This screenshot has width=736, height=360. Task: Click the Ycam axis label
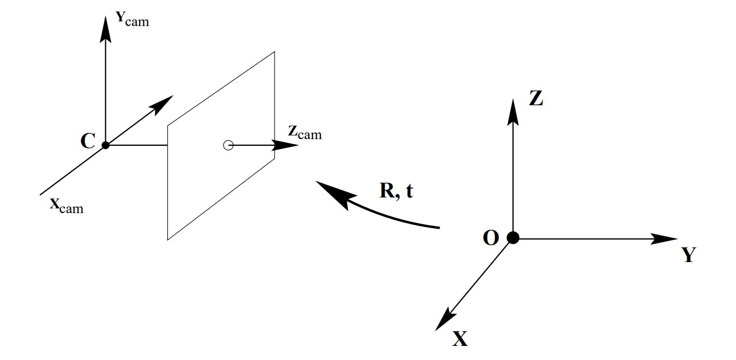[x=132, y=19]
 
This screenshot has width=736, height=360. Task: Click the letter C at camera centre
[x=88, y=141]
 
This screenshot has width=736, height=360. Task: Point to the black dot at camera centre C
[x=106, y=145]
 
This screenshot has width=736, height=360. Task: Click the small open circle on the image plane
[x=228, y=145]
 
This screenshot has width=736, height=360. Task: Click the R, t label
[x=396, y=191]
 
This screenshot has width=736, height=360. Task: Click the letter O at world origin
[x=491, y=238]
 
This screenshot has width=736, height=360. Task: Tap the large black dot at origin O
[x=513, y=238]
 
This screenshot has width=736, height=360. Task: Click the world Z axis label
[x=536, y=98]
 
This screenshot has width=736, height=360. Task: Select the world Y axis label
[x=689, y=255]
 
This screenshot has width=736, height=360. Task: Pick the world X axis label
[x=460, y=340]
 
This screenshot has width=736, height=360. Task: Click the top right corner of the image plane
[x=275, y=52]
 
